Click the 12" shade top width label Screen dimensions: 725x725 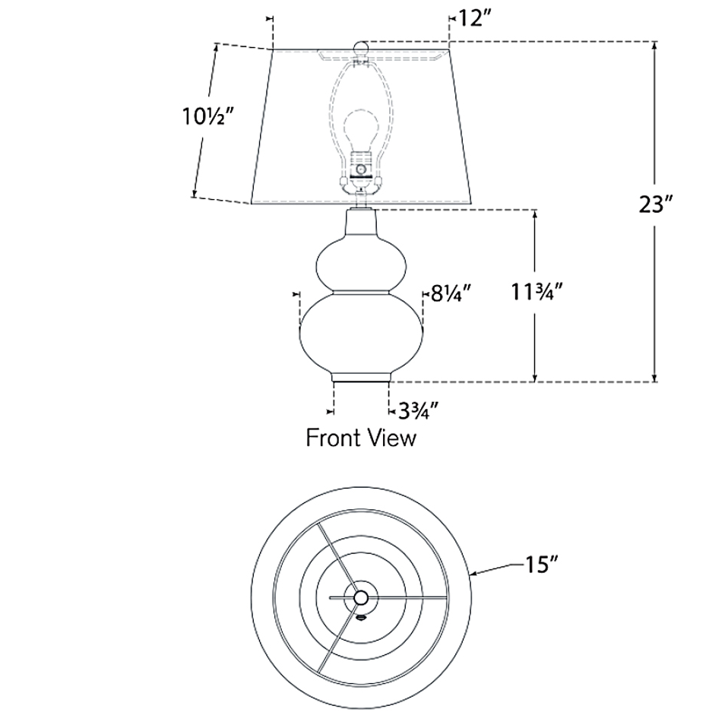pyautogui.click(x=473, y=19)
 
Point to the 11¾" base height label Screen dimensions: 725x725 pyautogui.click(x=537, y=291)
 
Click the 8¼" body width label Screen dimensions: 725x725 pyautogui.click(x=451, y=293)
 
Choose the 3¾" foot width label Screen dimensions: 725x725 pyautogui.click(x=417, y=410)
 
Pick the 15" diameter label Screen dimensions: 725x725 pyautogui.click(x=541, y=564)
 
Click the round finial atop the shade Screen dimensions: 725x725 pyautogui.click(x=361, y=48)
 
